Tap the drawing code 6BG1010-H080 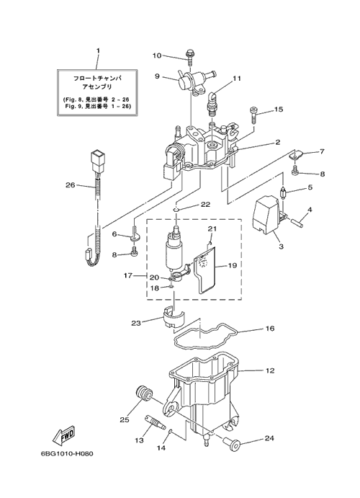click(67, 453)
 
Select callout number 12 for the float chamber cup click(270, 370)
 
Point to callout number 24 click(269, 438)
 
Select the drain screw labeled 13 click(155, 421)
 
